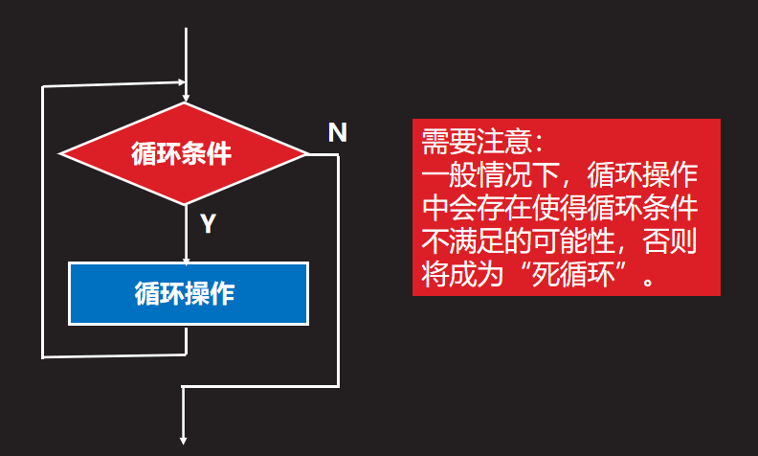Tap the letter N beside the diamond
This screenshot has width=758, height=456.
337,132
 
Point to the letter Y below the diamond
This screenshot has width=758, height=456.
207,224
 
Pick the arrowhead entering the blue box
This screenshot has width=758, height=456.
186,257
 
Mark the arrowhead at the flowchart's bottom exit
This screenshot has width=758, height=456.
184,440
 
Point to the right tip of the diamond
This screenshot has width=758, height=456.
307,153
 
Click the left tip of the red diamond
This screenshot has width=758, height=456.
61,153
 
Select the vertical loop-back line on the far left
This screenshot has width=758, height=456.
42,220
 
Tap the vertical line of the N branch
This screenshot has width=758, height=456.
339,268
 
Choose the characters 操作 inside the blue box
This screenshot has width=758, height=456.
212,292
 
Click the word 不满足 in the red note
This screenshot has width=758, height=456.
456,242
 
